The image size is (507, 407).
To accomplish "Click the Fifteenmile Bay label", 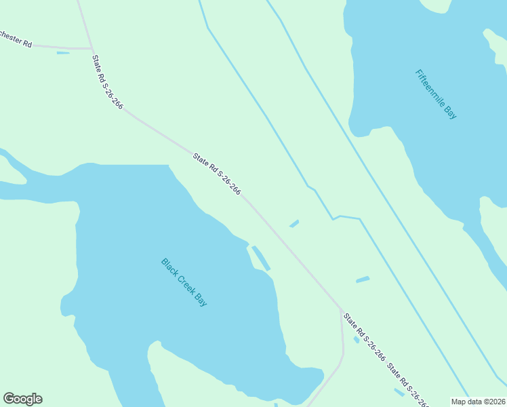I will click(437, 94).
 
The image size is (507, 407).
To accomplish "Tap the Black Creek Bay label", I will click(184, 282).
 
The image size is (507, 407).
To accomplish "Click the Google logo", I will click(22, 399).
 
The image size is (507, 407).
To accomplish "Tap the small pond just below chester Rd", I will click(63, 53).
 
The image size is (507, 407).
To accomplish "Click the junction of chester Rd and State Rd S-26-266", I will click(92, 49).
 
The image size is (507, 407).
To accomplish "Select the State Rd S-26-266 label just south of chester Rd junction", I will click(108, 81).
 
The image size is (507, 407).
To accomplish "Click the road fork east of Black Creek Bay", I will click(340, 309).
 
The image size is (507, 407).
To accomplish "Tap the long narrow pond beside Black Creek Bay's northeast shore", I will click(261, 258).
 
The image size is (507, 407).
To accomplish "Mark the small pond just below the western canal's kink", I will click(294, 223).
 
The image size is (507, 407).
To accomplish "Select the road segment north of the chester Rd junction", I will click(85, 24).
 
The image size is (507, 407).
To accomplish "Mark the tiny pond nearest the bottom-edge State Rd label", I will click(399, 392).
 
